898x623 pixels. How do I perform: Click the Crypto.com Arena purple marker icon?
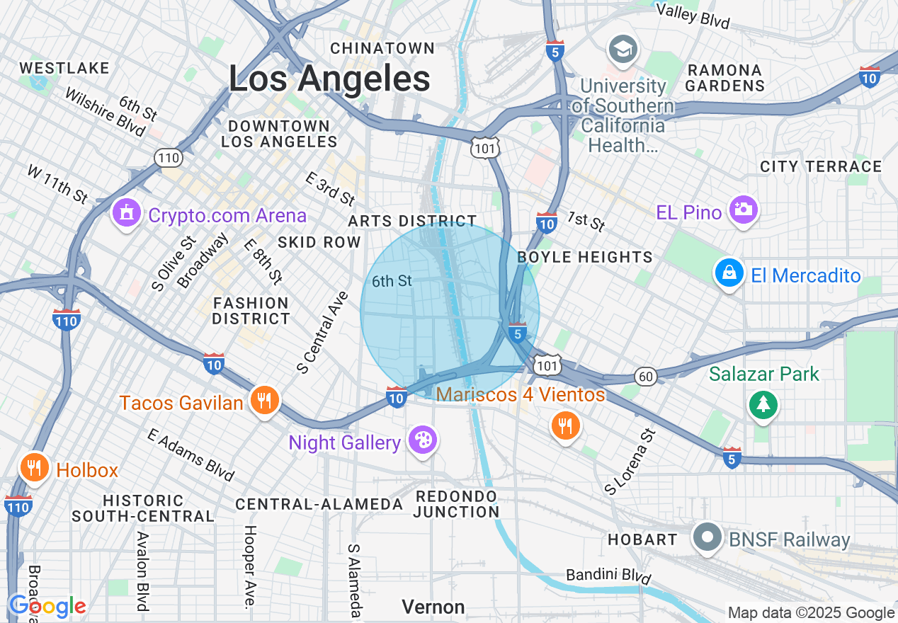coord(127,212)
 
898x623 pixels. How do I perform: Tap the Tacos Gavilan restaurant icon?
coord(264,401)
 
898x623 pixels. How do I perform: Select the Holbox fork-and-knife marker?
coord(33,468)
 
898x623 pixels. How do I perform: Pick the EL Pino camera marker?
coord(743,210)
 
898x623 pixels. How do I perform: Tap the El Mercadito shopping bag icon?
coord(729,273)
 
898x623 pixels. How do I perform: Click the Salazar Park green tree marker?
coord(763,404)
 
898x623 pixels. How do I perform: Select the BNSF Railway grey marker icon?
coord(707,537)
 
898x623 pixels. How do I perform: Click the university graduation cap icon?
coord(623,50)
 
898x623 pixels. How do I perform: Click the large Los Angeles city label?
coord(329,78)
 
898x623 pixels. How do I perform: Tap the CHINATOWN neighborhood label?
coord(382,48)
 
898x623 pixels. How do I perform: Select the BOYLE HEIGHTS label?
coord(585,257)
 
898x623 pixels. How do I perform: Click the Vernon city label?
coord(433,607)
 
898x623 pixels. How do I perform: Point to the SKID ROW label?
coord(319,242)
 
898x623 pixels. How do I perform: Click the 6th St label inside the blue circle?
coord(392,281)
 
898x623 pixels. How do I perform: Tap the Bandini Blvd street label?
coord(609,574)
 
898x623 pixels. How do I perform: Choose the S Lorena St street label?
coord(627,460)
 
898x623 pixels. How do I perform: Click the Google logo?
coord(47,606)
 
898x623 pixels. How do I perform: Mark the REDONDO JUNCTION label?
coord(457,503)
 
